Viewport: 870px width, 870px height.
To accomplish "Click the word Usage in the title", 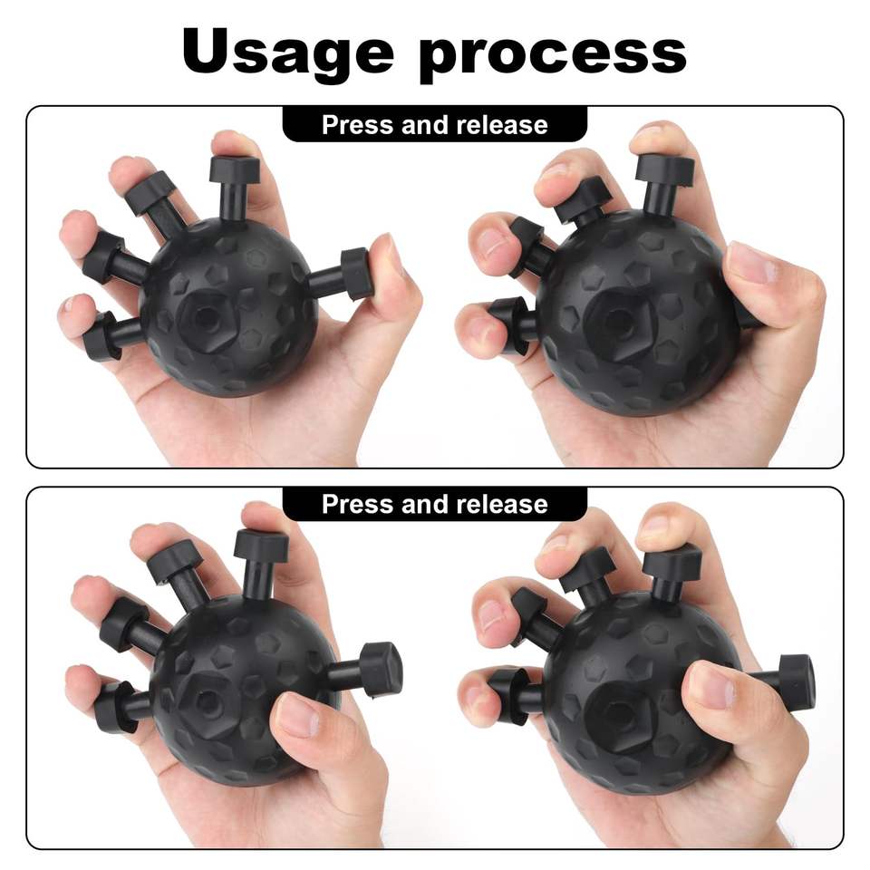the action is click(x=288, y=53).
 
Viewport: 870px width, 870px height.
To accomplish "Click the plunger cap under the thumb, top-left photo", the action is click(x=355, y=274).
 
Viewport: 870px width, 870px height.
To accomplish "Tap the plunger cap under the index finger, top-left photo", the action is click(x=235, y=169).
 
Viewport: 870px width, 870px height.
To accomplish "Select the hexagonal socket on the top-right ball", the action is click(x=617, y=321).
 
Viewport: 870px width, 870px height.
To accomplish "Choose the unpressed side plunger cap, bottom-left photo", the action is click(x=382, y=669).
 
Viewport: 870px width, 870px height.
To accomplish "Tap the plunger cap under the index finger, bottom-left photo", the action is click(x=261, y=546).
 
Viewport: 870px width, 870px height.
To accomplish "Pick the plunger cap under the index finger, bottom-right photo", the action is click(x=672, y=561).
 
